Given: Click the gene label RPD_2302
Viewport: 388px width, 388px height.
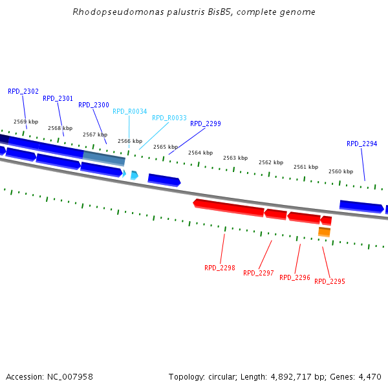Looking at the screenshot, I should [x=23, y=91].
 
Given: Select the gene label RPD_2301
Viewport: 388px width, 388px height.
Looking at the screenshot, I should [x=58, y=98].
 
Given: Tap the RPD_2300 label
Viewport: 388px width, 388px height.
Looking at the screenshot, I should [x=94, y=105].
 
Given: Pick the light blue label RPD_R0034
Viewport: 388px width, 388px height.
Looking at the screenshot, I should [x=130, y=111].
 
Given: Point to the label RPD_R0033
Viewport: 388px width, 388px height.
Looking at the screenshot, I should [x=169, y=118].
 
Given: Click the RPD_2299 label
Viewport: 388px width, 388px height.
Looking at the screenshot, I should [x=206, y=124].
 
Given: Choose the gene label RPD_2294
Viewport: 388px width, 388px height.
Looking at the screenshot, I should [x=362, y=144].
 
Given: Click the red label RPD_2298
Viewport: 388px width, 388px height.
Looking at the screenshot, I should [x=220, y=268].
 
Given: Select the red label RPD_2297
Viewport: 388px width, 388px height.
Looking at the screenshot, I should [x=259, y=273].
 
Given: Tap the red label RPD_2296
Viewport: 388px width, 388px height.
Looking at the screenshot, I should [x=295, y=277].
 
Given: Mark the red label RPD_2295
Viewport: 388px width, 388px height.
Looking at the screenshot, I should [x=330, y=281].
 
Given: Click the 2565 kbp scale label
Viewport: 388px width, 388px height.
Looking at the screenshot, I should [x=165, y=147].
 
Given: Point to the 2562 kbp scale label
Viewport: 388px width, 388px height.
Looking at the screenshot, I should [x=270, y=162].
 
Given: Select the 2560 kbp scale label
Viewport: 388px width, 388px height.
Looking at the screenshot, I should [x=340, y=171].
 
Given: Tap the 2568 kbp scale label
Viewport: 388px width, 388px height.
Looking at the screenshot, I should [x=59, y=128].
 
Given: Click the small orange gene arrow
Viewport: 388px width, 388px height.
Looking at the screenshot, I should [x=324, y=232].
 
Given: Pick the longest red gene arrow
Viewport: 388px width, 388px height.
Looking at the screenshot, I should [x=229, y=207].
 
